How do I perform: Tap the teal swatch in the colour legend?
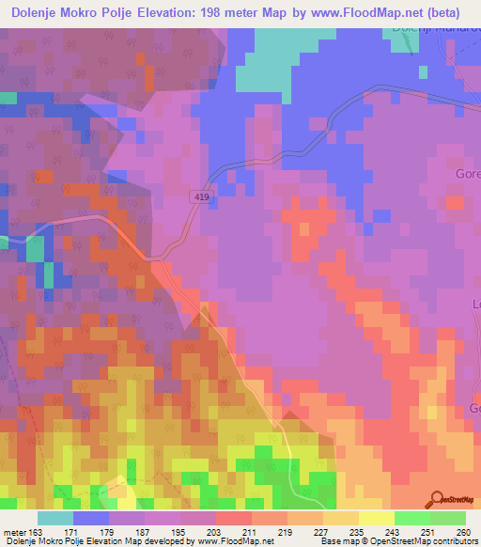[55, 519]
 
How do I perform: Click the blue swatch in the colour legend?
[91, 519]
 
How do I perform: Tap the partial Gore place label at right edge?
[468, 175]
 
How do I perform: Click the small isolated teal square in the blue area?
[8, 97]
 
